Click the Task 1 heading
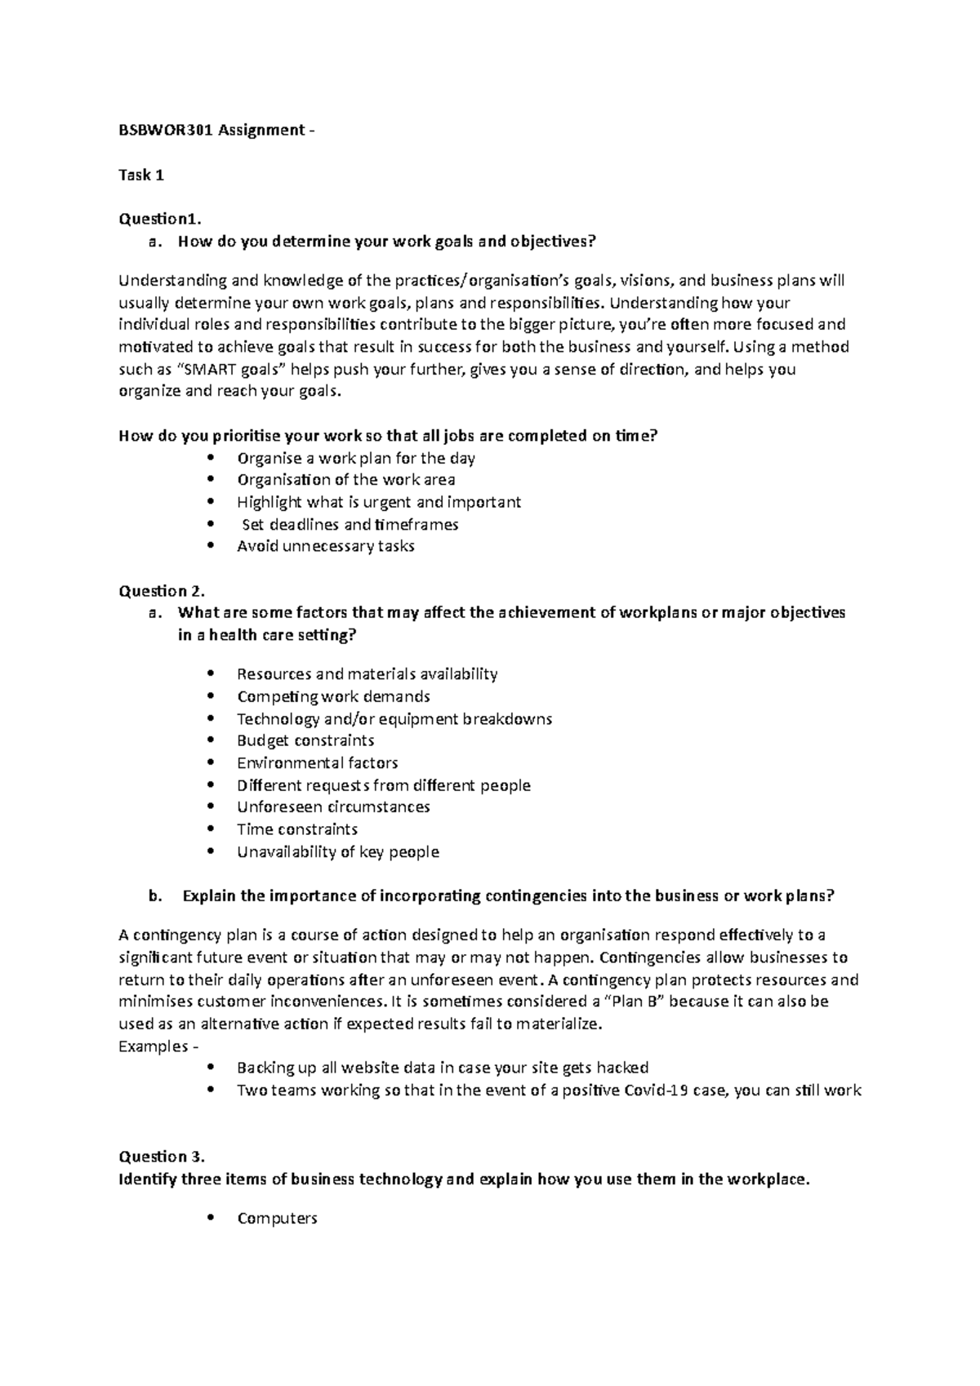click(141, 175)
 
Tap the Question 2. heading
click(163, 591)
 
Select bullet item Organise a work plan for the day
click(356, 458)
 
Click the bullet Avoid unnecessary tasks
click(325, 546)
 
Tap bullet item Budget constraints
click(305, 740)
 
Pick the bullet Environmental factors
click(317, 763)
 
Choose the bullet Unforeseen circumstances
click(333, 807)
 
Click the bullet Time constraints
click(297, 829)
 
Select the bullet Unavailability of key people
click(338, 852)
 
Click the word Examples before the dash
click(153, 1046)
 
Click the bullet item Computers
click(277, 1219)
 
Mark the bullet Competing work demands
click(333, 696)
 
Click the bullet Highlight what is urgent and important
click(379, 502)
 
